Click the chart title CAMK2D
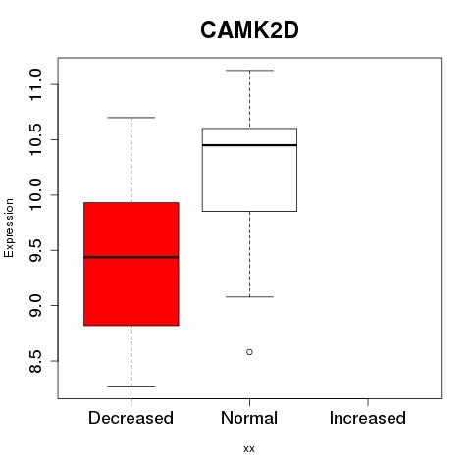249,30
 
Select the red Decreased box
131,264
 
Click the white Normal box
249,170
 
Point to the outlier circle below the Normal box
249,352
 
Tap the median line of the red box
131,257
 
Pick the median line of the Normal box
249,145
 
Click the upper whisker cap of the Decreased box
131,118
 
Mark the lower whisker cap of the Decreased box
131,386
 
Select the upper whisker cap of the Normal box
249,71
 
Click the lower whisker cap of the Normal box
249,297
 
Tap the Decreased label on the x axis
131,418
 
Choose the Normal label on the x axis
249,418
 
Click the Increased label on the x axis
368,418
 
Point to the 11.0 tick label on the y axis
35,84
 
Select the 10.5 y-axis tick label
35,139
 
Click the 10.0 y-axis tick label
35,195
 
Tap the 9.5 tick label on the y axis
35,250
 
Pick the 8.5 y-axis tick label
35,361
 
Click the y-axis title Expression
9,228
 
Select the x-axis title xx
249,449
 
